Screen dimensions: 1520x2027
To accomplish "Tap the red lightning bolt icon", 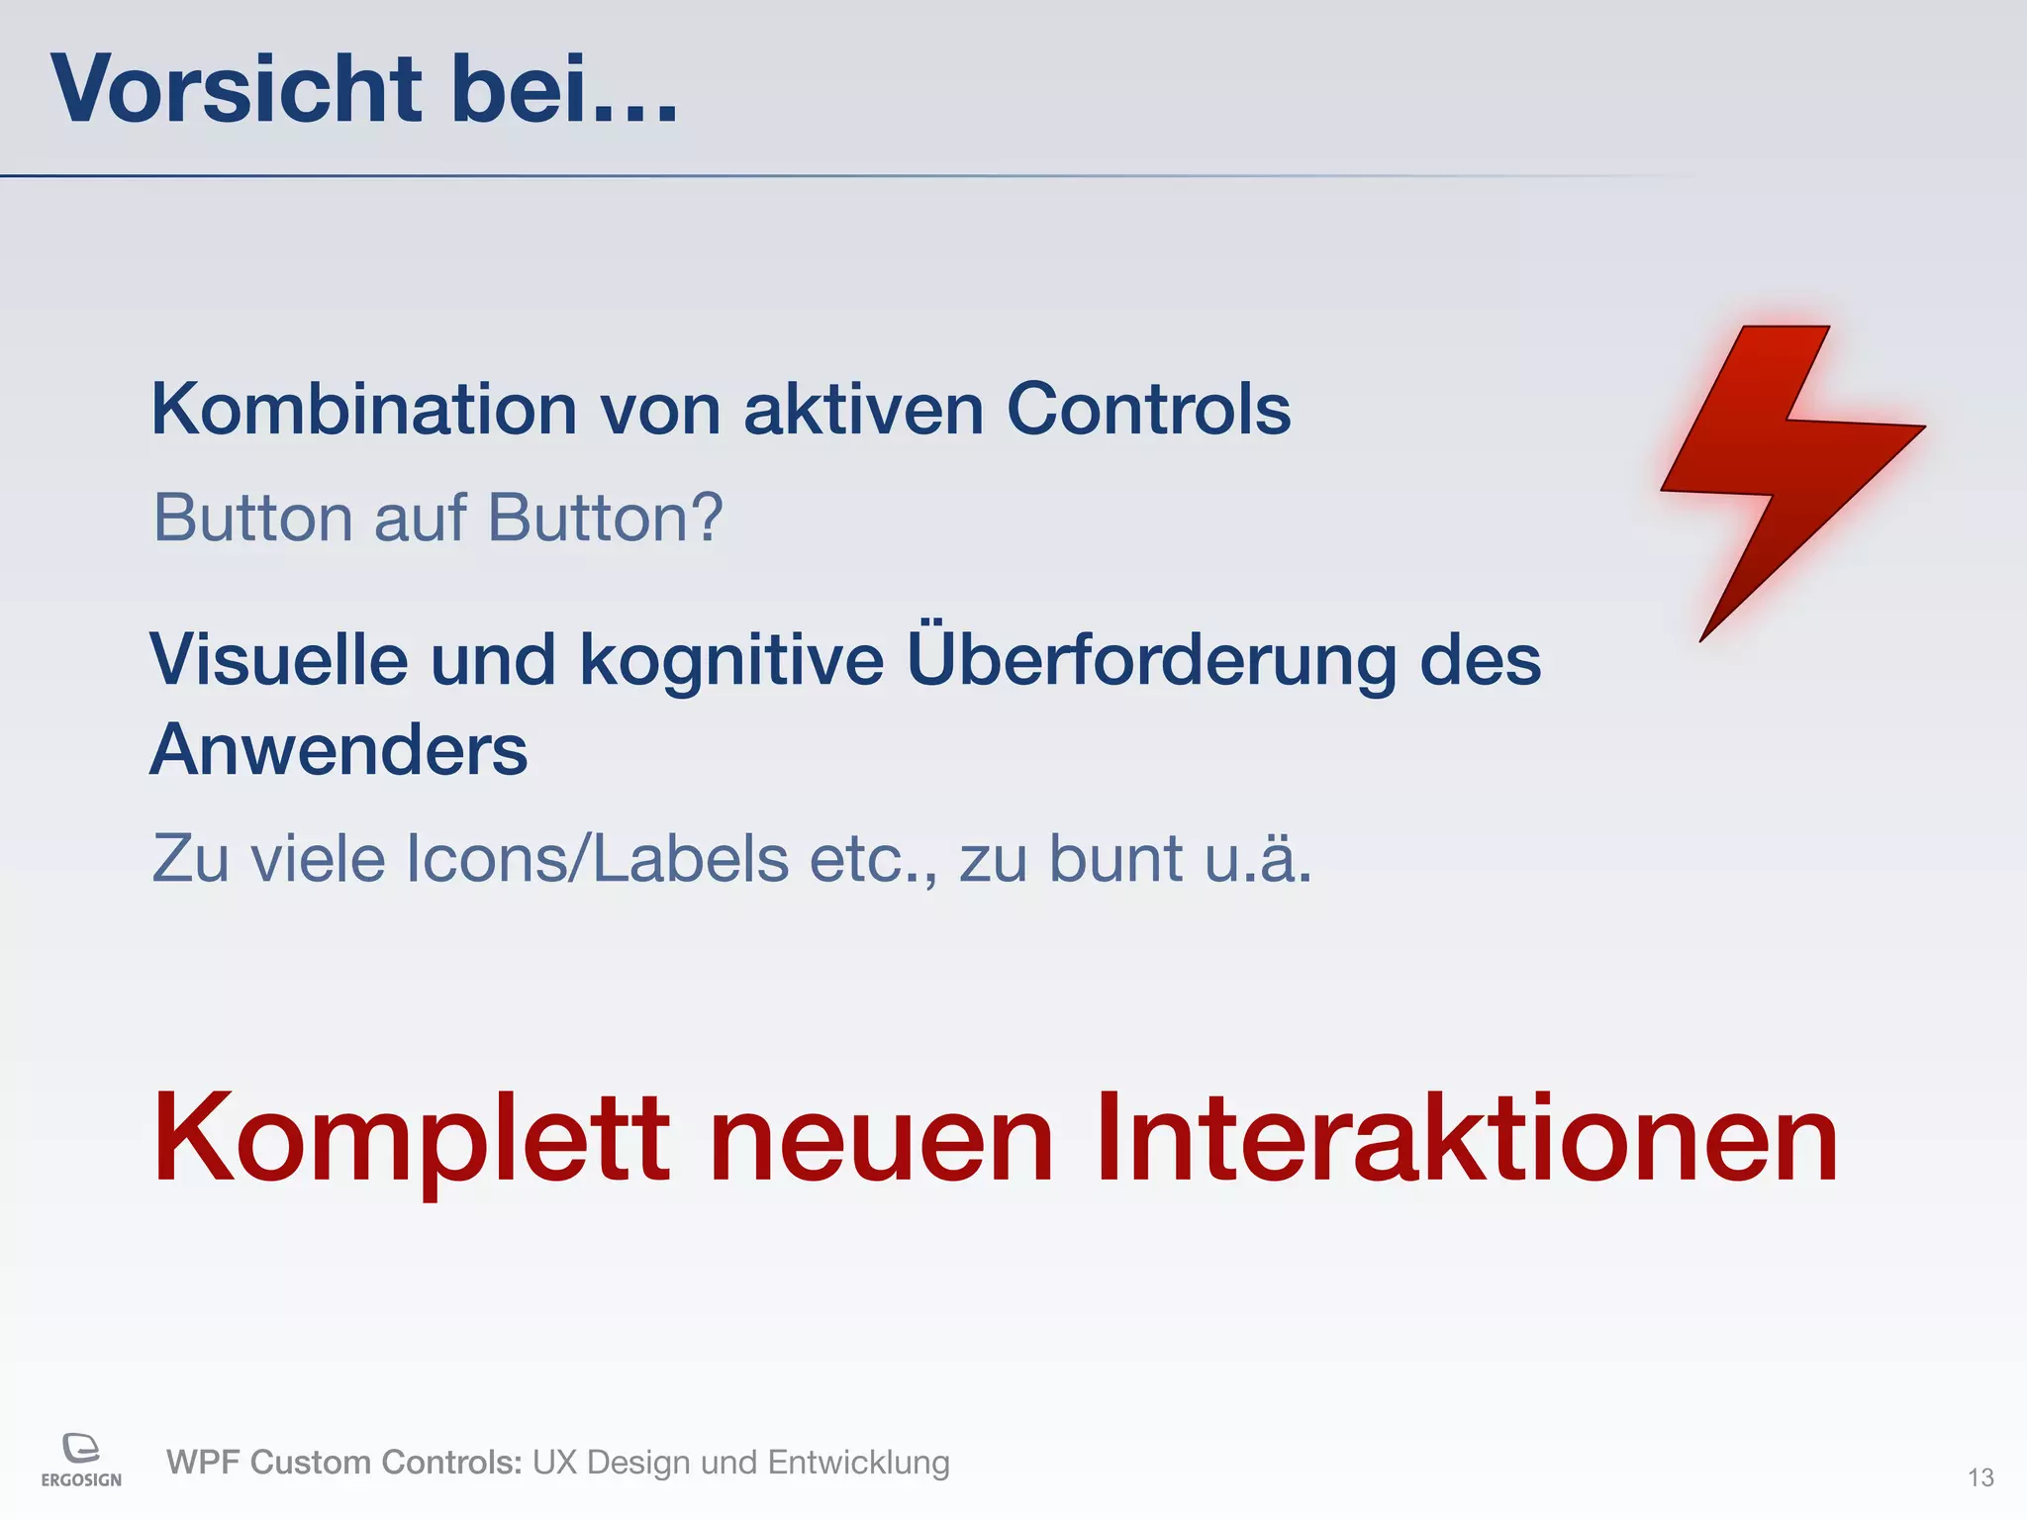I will point(1782,465).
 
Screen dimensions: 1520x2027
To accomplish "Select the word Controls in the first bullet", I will point(1148,410).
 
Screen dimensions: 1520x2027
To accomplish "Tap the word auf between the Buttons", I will point(420,518).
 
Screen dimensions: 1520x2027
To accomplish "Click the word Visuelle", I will point(278,660).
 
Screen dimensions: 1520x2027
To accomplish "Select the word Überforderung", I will point(1151,660).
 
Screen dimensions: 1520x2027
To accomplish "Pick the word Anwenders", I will point(338,750).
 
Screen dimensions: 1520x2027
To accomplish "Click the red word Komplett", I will point(411,1138).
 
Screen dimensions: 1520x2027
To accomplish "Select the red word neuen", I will point(882,1138).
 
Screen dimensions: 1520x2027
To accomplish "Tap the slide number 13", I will point(1980,1477).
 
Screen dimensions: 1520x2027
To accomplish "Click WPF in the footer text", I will point(204,1463).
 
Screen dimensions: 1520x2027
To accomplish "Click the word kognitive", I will point(731,660).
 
